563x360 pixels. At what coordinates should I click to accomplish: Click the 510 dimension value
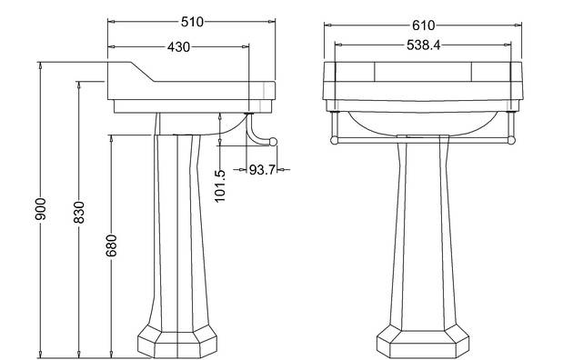click(192, 22)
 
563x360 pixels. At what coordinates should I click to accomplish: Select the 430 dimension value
click(178, 47)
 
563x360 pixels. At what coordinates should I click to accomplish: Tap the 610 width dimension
click(423, 25)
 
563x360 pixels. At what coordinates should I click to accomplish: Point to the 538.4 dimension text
click(423, 45)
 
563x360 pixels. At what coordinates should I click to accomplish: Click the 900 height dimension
click(41, 209)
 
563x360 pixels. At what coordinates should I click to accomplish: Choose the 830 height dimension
click(79, 213)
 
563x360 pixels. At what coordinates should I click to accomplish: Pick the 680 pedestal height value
click(111, 245)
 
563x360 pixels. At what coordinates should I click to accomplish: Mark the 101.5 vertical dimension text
click(220, 186)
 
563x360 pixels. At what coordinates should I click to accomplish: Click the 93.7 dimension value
click(262, 169)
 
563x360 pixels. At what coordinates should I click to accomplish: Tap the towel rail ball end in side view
click(273, 142)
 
